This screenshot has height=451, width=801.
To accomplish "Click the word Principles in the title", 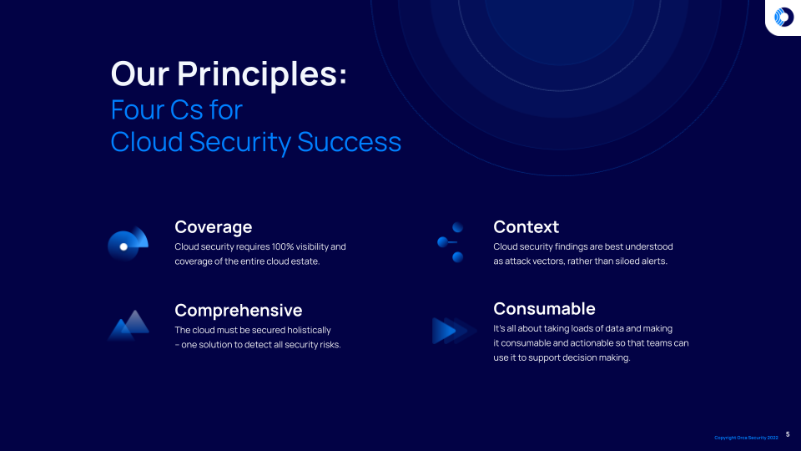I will click(260, 73).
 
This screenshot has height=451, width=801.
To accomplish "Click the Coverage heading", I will click(213, 226).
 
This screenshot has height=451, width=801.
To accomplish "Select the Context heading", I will click(526, 226).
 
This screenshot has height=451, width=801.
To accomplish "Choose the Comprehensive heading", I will click(238, 310).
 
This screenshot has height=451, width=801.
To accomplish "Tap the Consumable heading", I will click(544, 308).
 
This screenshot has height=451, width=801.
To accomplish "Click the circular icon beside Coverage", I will click(128, 244).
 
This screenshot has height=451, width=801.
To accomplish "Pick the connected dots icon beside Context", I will click(451, 242).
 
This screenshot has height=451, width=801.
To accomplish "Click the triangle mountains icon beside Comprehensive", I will click(128, 326).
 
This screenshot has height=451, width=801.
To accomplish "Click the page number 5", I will click(788, 434).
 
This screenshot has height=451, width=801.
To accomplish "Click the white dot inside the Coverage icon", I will click(123, 246).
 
